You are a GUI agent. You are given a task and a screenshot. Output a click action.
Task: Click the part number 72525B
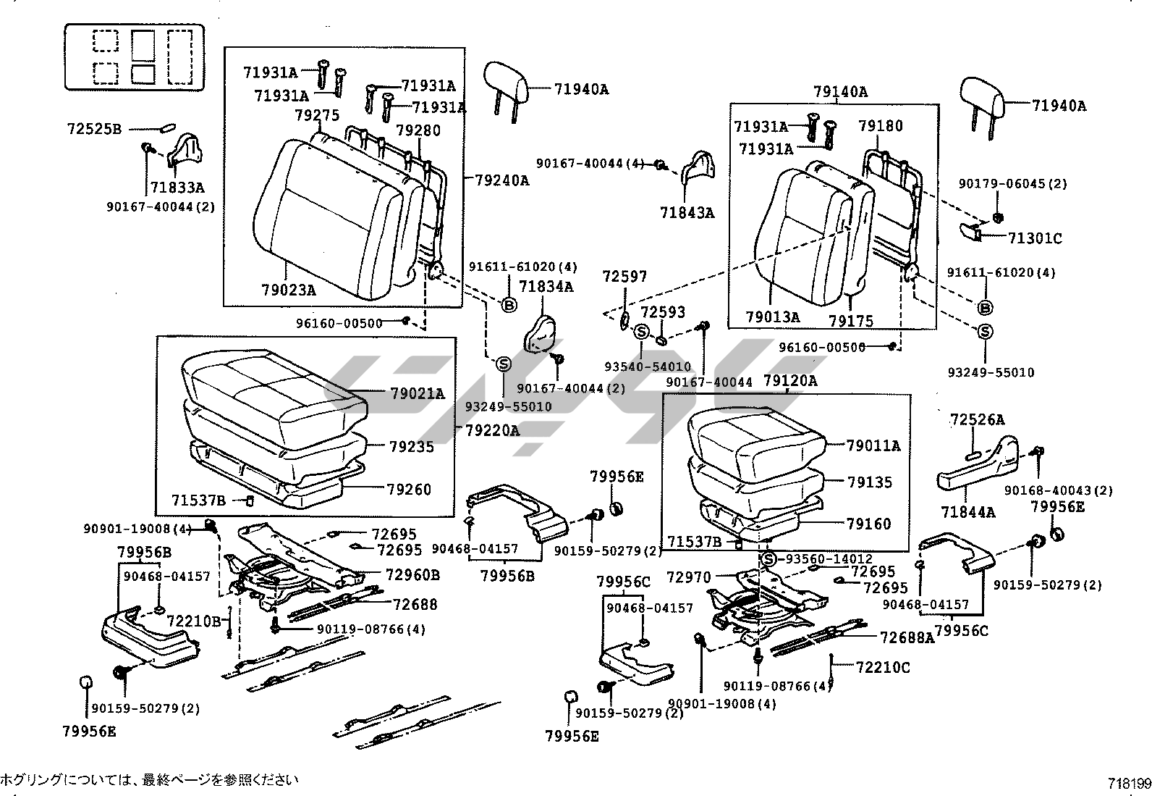tap(94, 130)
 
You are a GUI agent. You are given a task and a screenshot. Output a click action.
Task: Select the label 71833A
tap(177, 188)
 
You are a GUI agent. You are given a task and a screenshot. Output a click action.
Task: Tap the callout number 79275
tap(317, 115)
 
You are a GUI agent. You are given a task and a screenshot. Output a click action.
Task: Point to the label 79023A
tap(289, 290)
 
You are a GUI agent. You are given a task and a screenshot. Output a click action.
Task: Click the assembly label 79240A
tap(501, 180)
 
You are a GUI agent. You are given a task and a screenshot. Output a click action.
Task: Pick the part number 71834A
tap(546, 288)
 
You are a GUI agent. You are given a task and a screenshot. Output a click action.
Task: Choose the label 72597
tap(625, 277)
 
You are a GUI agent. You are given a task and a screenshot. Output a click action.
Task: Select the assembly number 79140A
tap(840, 92)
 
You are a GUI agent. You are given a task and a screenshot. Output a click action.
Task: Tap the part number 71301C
tap(1035, 238)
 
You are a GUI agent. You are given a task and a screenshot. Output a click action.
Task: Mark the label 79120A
tap(790, 381)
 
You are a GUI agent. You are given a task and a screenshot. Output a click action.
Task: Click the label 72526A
tap(977, 420)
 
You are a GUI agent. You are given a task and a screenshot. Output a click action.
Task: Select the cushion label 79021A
tap(418, 394)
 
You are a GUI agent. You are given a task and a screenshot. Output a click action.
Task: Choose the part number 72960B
tap(412, 575)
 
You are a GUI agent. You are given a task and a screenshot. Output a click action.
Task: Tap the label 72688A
tap(907, 637)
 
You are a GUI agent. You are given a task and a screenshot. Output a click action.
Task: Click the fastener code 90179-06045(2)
tap(1012, 184)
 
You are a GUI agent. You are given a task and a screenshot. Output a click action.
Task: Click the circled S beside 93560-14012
tap(768, 559)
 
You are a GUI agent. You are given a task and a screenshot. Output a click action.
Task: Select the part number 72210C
tap(883, 667)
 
